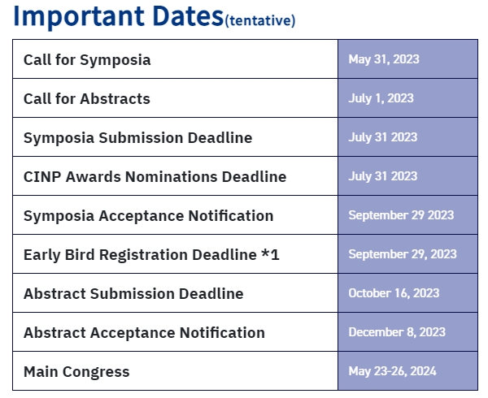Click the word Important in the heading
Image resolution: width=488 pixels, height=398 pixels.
pos(79,17)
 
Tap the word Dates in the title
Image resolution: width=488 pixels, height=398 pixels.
pos(188,16)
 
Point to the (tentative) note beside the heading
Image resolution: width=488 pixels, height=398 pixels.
pos(260,20)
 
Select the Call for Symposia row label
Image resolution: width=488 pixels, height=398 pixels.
pos(87,60)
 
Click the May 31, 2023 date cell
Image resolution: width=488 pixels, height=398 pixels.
pos(384,59)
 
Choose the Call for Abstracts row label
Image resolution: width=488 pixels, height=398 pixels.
pos(87,99)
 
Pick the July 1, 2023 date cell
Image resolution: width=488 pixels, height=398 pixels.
pos(381,98)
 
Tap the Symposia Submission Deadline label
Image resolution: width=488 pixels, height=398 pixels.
pos(138,137)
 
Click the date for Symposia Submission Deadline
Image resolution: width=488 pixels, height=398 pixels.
pos(383,137)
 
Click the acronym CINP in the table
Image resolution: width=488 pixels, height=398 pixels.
pos(42,177)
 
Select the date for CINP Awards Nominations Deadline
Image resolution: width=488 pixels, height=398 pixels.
pos(383,176)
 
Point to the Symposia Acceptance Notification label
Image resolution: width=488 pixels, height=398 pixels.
pos(149,215)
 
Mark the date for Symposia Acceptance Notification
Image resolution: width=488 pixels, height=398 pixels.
pos(401,215)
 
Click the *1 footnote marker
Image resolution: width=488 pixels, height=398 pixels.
pos(270,254)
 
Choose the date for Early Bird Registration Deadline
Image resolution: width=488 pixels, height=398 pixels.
pos(403,254)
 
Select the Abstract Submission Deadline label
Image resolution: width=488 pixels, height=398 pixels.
pos(133,293)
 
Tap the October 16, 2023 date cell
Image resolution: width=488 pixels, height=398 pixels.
pos(394,293)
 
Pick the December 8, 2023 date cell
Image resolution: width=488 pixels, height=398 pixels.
pos(397,332)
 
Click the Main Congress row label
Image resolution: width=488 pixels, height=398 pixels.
pos(76,372)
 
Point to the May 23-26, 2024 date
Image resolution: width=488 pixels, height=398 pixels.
pos(393,371)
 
